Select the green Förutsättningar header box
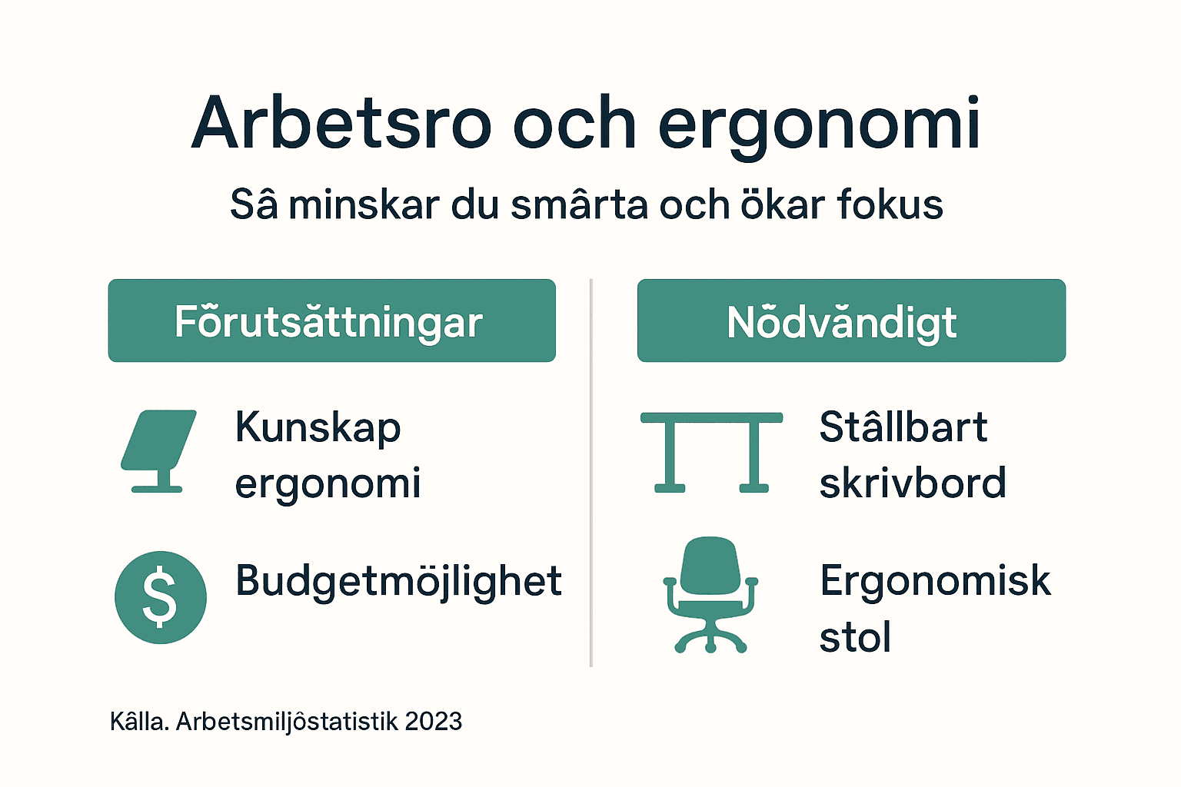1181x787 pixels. point(331,320)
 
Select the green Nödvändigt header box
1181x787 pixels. point(851,320)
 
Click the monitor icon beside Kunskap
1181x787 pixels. point(158,450)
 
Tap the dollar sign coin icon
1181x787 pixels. point(160,597)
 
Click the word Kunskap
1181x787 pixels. point(318,428)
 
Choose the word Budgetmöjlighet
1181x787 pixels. point(398,581)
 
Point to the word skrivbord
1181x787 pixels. point(913,483)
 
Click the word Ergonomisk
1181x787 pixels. point(935,580)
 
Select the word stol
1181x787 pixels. point(855,638)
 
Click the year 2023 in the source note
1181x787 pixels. point(433,722)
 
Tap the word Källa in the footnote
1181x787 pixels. point(139,722)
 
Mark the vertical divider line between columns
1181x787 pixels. point(590,473)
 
